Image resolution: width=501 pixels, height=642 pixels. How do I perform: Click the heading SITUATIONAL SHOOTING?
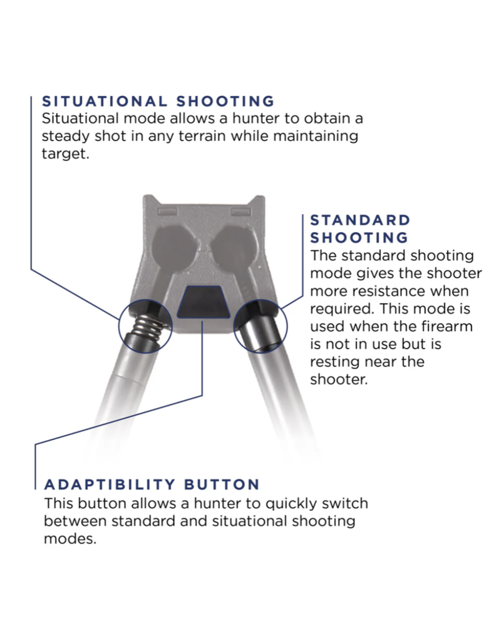tap(157, 101)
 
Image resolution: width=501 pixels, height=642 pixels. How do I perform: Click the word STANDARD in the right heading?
tap(360, 220)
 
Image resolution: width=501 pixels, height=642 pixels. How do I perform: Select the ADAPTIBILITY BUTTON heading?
tap(152, 485)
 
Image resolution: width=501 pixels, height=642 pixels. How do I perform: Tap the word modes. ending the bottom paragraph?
tap(70, 539)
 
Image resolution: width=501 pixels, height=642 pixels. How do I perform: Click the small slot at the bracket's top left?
tap(165, 213)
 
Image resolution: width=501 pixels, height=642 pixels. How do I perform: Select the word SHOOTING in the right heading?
tap(359, 238)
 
